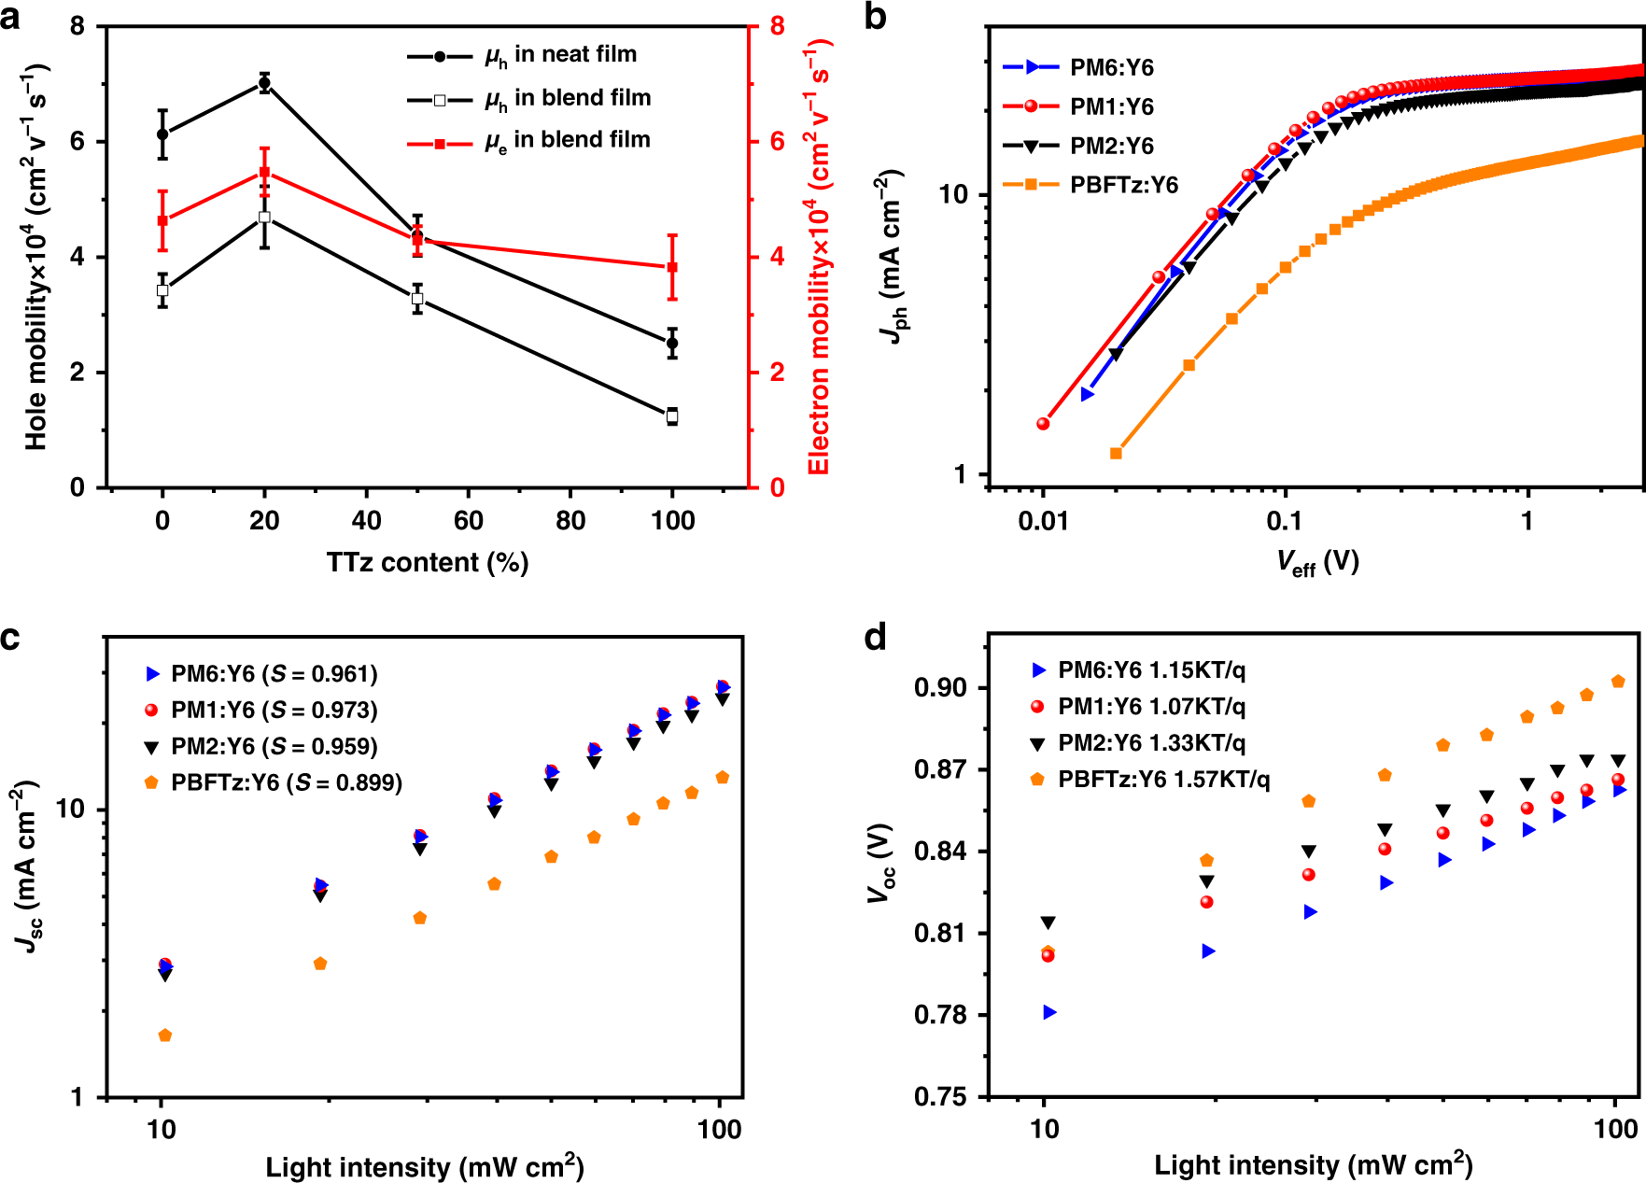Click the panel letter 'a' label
(10, 17)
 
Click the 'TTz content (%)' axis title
(427, 562)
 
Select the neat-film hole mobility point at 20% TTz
(264, 83)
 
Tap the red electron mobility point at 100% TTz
(672, 267)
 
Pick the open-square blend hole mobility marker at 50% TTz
(417, 299)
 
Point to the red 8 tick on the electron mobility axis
(777, 26)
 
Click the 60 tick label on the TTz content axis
(468, 521)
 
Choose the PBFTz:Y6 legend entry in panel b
(1123, 185)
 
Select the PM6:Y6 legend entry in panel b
(1111, 67)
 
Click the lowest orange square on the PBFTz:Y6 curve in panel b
(1116, 453)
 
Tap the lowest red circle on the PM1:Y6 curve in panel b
(1043, 424)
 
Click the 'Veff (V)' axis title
(1317, 562)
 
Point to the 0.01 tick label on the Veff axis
(1043, 521)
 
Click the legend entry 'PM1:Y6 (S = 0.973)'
(274, 711)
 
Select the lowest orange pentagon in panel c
(165, 1035)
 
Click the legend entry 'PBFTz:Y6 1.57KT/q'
(1163, 780)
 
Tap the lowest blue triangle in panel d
(1049, 1012)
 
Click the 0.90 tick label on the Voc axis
(940, 688)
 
